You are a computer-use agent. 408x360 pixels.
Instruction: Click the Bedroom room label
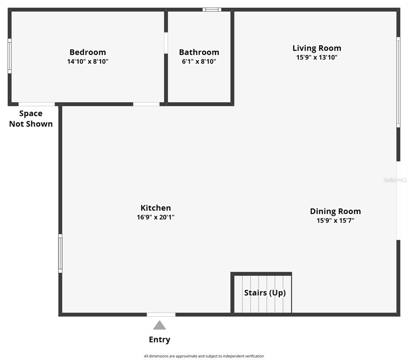click(x=88, y=52)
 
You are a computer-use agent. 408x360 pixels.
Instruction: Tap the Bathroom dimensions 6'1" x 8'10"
click(x=199, y=61)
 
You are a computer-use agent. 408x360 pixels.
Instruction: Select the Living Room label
click(x=317, y=48)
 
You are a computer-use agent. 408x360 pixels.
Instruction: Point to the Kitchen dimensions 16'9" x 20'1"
click(x=156, y=217)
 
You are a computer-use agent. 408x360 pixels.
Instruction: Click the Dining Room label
click(x=335, y=211)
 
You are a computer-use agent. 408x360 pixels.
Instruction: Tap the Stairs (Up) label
click(x=265, y=293)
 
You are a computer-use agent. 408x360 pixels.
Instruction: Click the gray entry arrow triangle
click(x=160, y=325)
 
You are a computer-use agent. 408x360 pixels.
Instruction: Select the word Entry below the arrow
click(x=160, y=339)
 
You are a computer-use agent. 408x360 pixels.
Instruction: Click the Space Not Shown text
click(x=31, y=119)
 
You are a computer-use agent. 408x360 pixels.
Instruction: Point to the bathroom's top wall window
click(x=212, y=10)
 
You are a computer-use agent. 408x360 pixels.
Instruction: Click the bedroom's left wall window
click(x=10, y=56)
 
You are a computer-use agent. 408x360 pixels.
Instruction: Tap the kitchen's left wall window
click(x=60, y=253)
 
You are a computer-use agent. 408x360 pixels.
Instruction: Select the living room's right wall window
click(x=398, y=82)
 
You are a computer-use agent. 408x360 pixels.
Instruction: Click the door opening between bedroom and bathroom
click(x=166, y=43)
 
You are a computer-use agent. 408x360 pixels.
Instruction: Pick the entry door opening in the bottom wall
click(x=161, y=315)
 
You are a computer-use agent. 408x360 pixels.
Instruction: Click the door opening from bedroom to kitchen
click(x=146, y=104)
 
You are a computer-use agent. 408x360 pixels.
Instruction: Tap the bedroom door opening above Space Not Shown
click(x=37, y=104)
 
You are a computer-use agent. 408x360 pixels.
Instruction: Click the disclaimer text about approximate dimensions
click(x=204, y=356)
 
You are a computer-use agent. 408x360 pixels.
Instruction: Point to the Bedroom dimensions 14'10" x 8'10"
click(x=88, y=61)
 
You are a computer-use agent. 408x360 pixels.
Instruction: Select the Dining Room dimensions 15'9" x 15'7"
click(x=335, y=220)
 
